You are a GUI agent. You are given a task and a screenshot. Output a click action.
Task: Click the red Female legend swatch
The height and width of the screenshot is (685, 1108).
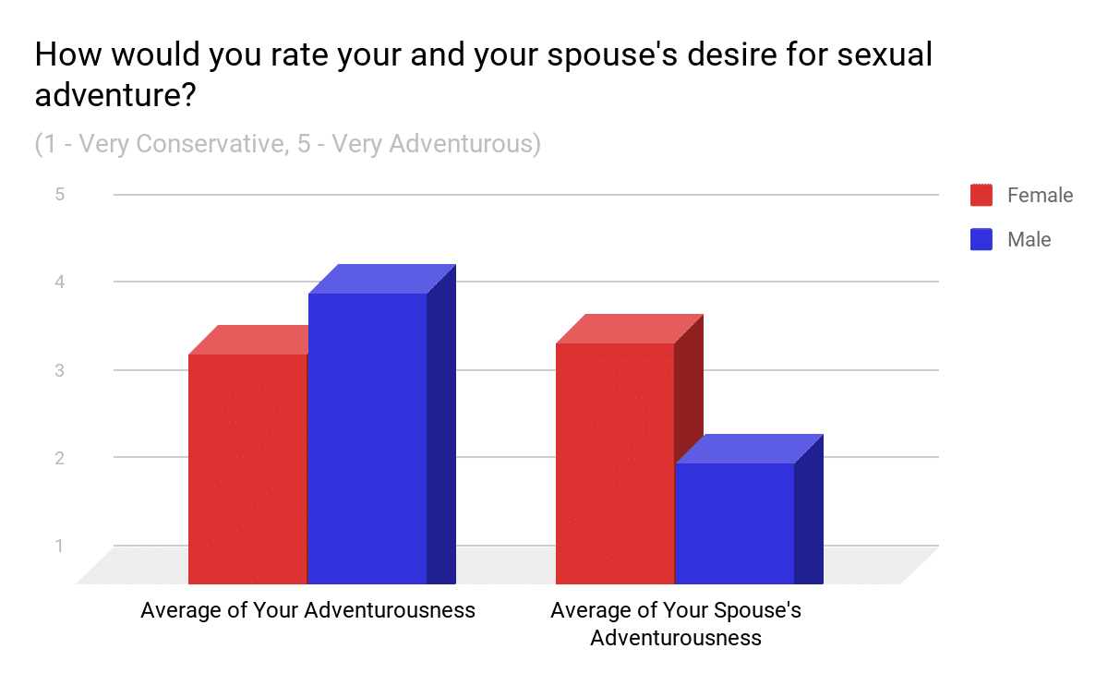coord(981,195)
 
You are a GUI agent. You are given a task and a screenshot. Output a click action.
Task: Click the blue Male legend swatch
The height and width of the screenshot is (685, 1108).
coord(981,239)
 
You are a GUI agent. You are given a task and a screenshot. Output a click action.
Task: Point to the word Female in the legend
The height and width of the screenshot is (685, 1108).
coord(1041,196)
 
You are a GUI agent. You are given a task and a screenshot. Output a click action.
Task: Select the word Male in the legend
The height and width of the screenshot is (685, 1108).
coord(1030,240)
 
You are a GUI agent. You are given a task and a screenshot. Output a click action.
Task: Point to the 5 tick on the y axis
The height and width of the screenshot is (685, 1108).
coord(60,195)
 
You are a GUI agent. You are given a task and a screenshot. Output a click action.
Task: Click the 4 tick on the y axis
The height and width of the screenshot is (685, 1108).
coord(60,282)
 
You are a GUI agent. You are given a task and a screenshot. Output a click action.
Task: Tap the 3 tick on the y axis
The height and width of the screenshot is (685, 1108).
coord(60,370)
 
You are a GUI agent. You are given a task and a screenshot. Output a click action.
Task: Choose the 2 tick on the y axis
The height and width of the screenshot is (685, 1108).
coord(60,459)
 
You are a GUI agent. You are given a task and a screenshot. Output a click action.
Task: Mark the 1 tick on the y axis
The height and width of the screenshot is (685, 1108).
coord(59,546)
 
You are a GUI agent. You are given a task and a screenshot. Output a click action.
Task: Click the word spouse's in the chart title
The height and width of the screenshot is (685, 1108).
coord(612,55)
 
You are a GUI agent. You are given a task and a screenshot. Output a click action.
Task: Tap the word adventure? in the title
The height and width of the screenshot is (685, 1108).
coord(115,95)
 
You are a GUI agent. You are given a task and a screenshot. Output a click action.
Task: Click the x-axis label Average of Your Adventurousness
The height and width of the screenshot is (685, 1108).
coord(307,610)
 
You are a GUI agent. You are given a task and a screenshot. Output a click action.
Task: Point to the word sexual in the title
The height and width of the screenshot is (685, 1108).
coord(885,54)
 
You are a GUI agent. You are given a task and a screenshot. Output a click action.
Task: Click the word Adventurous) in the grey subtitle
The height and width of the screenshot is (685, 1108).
coord(465,144)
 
